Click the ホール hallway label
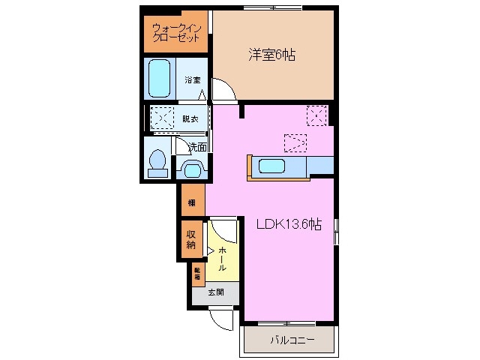pyautogui.click(x=223, y=256)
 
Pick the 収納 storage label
pyautogui.click(x=191, y=238)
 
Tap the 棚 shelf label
pyautogui.click(x=192, y=202)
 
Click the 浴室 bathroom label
pyautogui.click(x=192, y=79)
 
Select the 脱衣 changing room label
pyautogui.click(x=190, y=118)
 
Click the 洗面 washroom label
pyautogui.click(x=197, y=146)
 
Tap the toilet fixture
pyautogui.click(x=157, y=163)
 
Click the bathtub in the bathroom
pyautogui.click(x=160, y=79)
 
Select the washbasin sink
pyautogui.click(x=190, y=169)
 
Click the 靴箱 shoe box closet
pyautogui.click(x=198, y=273)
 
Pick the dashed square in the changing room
pyautogui.click(x=163, y=118)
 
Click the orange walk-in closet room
pyautogui.click(x=175, y=33)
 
